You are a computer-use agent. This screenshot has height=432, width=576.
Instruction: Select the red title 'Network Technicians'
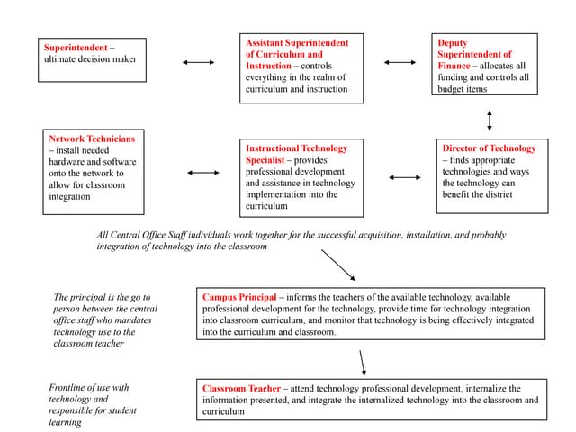coord(92,139)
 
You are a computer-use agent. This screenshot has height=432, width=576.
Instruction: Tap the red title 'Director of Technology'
coord(489,148)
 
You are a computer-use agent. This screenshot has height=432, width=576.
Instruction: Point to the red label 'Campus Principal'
coord(238,297)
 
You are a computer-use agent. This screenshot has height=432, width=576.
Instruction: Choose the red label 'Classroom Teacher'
coord(241,389)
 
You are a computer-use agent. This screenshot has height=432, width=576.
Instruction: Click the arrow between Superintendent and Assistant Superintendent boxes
coord(198,62)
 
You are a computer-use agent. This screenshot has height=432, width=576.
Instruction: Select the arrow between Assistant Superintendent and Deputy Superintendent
coord(400,62)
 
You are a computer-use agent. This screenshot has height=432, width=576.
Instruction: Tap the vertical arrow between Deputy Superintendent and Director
coord(490,120)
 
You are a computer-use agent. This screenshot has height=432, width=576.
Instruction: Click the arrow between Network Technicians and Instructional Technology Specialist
coord(203,172)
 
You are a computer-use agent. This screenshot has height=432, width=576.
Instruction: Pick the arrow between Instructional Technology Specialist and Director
coord(405,177)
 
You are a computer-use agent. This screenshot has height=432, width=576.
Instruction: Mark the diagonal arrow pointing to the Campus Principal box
coord(337,265)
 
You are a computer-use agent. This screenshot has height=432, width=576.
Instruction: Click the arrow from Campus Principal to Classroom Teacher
coord(363,362)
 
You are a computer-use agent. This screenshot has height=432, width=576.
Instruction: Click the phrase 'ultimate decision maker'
coord(90,59)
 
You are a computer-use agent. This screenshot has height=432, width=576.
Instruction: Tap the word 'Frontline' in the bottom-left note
coord(69,388)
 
